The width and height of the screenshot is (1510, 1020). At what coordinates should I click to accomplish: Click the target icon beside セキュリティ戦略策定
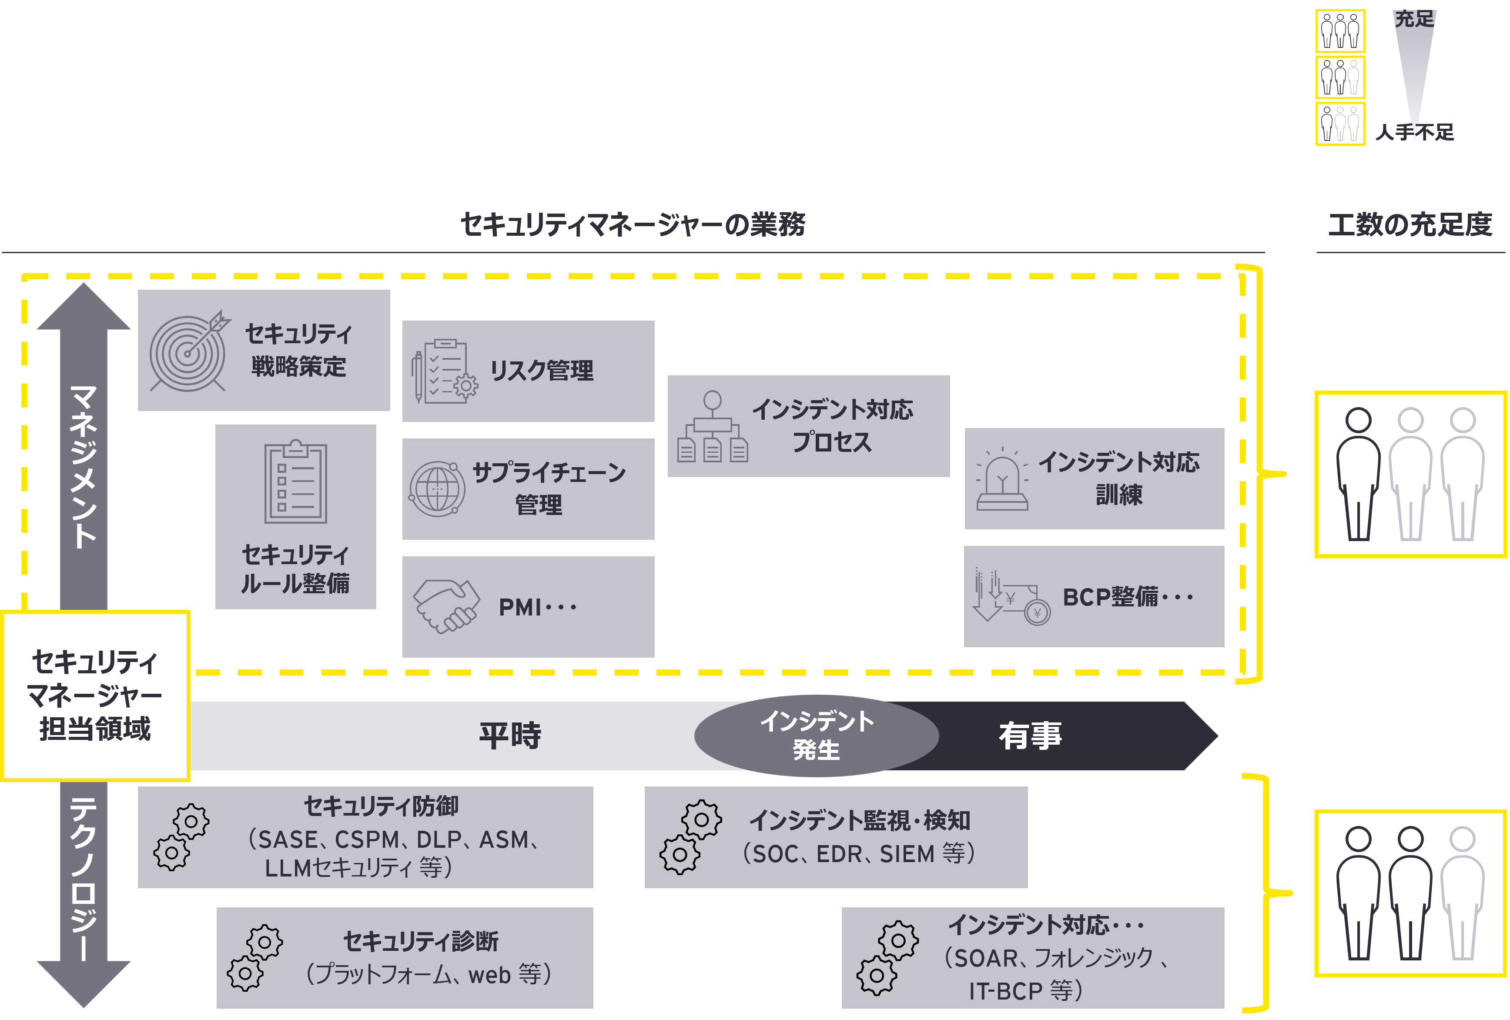click(x=188, y=353)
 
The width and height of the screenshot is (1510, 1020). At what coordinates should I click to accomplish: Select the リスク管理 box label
click(x=541, y=370)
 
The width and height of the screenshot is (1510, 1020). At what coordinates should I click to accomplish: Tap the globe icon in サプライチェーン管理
click(x=437, y=488)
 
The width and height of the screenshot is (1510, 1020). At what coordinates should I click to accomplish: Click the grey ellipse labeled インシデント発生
click(x=816, y=736)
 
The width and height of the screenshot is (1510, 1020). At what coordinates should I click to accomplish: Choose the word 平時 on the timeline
click(x=510, y=736)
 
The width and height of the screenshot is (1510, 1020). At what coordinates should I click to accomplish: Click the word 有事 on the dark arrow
click(x=1030, y=736)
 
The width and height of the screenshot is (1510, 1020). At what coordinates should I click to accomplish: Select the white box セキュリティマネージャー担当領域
click(x=95, y=695)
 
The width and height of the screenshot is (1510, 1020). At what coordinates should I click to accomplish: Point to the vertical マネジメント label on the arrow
click(x=84, y=466)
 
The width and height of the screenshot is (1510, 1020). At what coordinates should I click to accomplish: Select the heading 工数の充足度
click(x=1410, y=225)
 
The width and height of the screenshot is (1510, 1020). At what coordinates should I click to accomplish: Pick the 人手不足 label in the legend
click(x=1414, y=133)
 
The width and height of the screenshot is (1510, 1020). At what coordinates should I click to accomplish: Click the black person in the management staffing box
click(x=1358, y=474)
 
